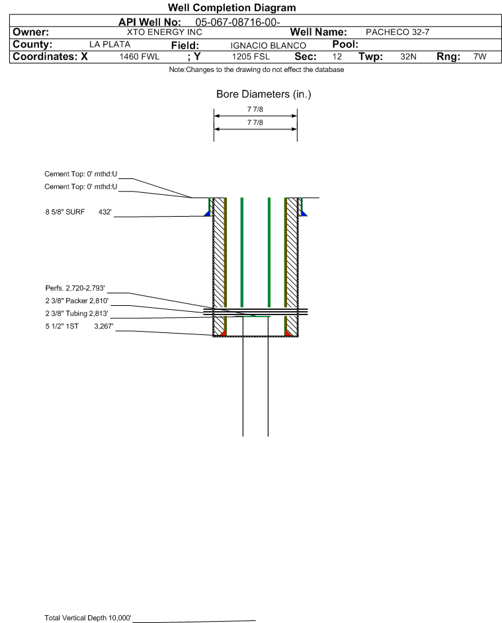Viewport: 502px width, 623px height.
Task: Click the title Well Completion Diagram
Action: (232, 7)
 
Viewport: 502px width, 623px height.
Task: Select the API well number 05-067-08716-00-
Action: (237, 22)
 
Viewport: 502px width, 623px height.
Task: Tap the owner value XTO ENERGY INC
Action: (164, 32)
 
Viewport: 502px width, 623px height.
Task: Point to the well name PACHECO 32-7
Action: (397, 32)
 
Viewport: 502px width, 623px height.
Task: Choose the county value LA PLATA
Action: (110, 44)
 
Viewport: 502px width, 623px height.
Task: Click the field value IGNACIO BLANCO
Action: (268, 46)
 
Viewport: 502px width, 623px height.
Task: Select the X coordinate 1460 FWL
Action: (139, 57)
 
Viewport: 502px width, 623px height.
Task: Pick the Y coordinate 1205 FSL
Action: (251, 57)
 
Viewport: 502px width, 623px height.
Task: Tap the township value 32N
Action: (408, 57)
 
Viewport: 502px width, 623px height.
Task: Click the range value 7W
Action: (480, 57)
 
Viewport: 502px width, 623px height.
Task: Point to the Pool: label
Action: (345, 44)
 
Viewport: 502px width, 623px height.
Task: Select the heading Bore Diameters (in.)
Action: (264, 94)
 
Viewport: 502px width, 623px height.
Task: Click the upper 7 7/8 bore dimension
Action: (255, 109)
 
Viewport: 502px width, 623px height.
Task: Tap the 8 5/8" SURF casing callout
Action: (78, 212)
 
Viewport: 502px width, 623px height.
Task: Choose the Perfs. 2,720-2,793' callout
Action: (75, 288)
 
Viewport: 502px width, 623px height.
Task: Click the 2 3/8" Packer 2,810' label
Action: (77, 301)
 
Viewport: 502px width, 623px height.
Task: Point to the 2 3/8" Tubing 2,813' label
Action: (77, 314)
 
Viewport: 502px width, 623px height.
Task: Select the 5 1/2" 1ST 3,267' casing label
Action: (79, 326)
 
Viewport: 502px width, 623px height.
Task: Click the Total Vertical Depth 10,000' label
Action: (88, 618)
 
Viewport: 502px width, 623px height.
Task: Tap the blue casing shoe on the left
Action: (208, 214)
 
